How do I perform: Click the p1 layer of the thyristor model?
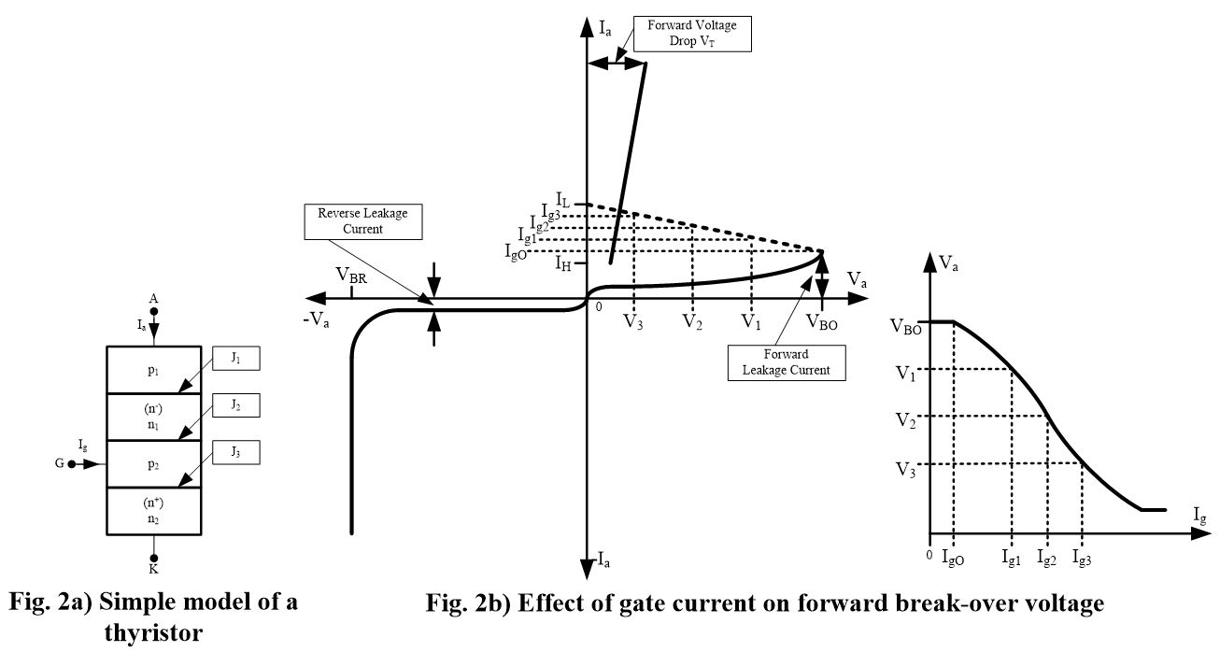(x=153, y=370)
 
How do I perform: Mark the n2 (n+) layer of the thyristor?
(x=153, y=511)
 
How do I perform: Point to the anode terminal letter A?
(x=154, y=299)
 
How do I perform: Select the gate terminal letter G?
(x=59, y=463)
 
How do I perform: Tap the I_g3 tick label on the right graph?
(x=1083, y=559)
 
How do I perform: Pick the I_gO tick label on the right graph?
(x=954, y=559)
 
